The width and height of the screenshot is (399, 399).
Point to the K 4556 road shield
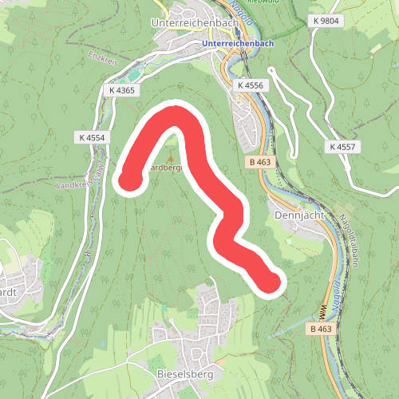point(255,85)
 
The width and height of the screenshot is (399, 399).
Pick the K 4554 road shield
point(93,137)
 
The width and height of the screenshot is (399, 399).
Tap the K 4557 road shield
point(344,147)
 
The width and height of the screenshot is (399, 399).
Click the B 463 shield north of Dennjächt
point(256,161)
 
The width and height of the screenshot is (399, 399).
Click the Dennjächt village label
point(296,215)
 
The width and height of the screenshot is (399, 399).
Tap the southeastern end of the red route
point(272,282)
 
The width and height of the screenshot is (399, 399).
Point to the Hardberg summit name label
point(168,168)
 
